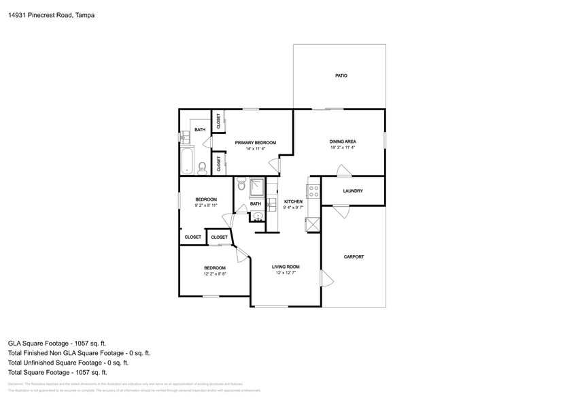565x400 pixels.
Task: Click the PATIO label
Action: point(341,76)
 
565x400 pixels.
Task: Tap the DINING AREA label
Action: point(343,141)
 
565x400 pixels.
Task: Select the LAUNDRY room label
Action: point(353,191)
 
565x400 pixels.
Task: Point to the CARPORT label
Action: point(354,256)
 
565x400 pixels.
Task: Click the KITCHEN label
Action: point(293,201)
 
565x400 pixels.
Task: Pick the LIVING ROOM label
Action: point(286,267)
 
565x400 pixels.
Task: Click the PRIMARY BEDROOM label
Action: point(256,142)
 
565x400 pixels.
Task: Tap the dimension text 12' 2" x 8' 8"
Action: point(215,273)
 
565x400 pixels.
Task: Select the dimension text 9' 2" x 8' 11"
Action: point(206,205)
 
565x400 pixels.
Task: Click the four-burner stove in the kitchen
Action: point(314,191)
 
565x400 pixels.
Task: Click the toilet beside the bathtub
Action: point(202,167)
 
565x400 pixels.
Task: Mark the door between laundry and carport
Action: point(341,211)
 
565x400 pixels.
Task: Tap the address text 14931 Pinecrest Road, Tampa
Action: point(51,14)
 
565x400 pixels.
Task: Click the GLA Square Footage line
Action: point(57,344)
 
